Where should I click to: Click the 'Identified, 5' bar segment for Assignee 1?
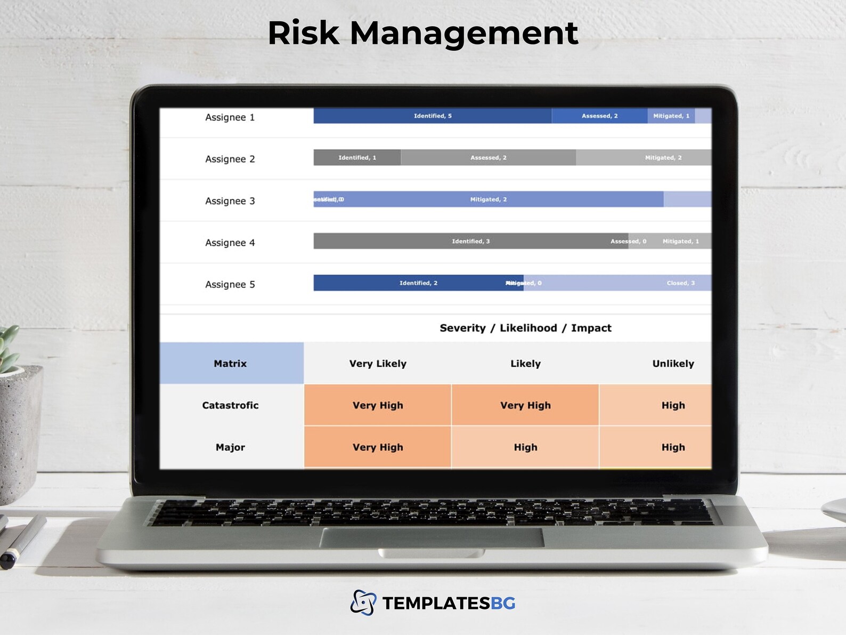click(x=432, y=116)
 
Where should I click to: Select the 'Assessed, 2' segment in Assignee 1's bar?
click(x=599, y=116)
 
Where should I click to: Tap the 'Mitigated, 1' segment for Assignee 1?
click(x=671, y=116)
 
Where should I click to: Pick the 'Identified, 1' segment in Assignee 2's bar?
click(x=357, y=157)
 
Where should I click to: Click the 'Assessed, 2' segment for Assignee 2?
click(x=488, y=157)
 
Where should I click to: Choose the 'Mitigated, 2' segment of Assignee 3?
click(x=488, y=199)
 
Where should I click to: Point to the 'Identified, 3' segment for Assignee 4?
click(x=470, y=241)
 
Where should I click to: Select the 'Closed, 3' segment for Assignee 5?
click(x=680, y=283)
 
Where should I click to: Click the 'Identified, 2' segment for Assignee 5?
click(x=418, y=283)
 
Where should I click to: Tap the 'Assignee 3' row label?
click(x=230, y=201)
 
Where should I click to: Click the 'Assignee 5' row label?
click(x=230, y=284)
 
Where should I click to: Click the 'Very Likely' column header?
click(x=378, y=364)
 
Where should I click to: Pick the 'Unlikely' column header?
click(x=673, y=364)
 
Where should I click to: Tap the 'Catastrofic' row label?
click(x=230, y=405)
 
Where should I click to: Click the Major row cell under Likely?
click(x=525, y=447)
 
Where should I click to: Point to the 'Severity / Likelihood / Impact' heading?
click(x=525, y=328)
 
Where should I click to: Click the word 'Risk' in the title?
click(x=303, y=33)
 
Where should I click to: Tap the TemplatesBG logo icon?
click(x=363, y=602)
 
